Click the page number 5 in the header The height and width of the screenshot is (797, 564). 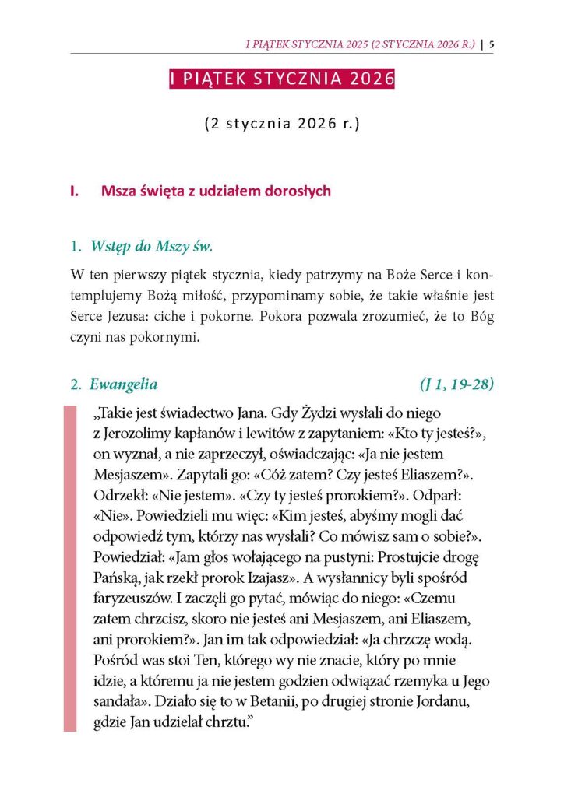tap(492, 44)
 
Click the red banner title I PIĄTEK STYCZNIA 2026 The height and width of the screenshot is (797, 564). tap(282, 79)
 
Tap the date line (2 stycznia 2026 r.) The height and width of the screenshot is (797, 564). tap(281, 124)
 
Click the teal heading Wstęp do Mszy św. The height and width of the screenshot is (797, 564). tap(152, 248)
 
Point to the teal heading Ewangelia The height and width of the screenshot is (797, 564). tap(124, 384)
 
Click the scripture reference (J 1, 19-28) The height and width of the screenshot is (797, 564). tap(455, 384)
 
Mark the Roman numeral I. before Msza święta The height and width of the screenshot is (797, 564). tap(75, 191)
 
